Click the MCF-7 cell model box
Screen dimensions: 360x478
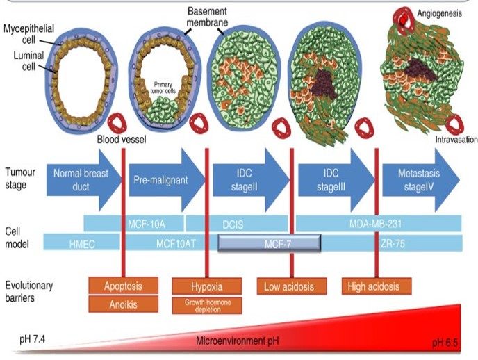pyautogui.click(x=270, y=243)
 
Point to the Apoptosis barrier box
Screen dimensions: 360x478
pyautogui.click(x=122, y=286)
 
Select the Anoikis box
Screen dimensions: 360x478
pyautogui.click(x=122, y=304)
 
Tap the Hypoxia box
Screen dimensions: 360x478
pyautogui.click(x=206, y=286)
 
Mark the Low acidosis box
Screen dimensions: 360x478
pyautogui.click(x=290, y=286)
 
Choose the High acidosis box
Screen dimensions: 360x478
pyautogui.click(x=376, y=286)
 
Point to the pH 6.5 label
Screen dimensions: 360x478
pyautogui.click(x=446, y=343)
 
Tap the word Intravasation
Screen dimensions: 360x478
pyautogui.click(x=456, y=139)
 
